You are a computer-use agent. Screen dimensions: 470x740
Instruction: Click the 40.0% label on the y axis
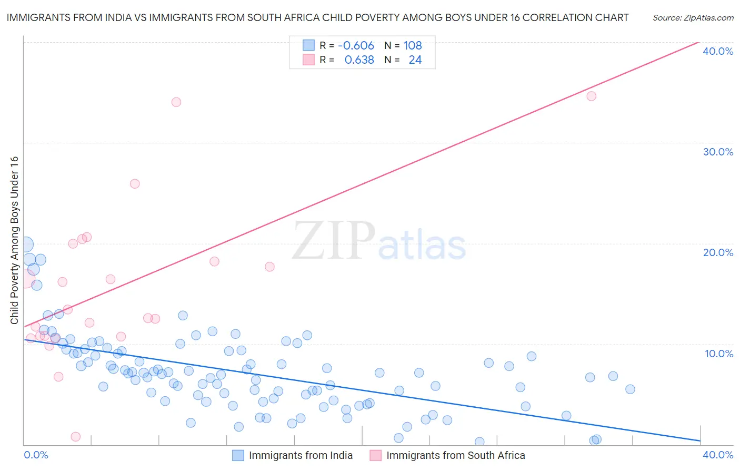pyautogui.click(x=718, y=51)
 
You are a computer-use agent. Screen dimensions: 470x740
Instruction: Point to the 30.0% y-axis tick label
pyautogui.click(x=718, y=152)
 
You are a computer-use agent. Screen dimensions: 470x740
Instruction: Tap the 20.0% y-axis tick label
pyautogui.click(x=718, y=252)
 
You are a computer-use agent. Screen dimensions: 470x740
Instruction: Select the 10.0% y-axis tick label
pyautogui.click(x=719, y=354)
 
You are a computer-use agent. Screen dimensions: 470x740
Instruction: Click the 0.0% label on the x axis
pyautogui.click(x=36, y=455)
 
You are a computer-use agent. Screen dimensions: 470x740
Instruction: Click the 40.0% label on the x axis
pyautogui.click(x=718, y=455)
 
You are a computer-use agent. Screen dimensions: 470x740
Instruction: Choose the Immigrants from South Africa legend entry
pyautogui.click(x=448, y=455)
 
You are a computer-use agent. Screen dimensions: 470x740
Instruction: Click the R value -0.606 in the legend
pyautogui.click(x=356, y=45)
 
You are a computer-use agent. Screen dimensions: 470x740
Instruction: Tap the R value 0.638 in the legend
pyautogui.click(x=359, y=60)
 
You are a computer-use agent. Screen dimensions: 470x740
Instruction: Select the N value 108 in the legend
pyautogui.click(x=413, y=45)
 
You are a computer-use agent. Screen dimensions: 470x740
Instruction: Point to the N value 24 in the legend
pyautogui.click(x=415, y=60)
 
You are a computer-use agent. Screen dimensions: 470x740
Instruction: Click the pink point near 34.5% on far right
pyautogui.click(x=591, y=96)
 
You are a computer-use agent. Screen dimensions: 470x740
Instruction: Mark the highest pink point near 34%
pyautogui.click(x=176, y=102)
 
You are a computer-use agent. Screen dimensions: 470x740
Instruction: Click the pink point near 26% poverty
pyautogui.click(x=135, y=184)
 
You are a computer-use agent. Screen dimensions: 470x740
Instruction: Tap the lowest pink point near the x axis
pyautogui.click(x=75, y=437)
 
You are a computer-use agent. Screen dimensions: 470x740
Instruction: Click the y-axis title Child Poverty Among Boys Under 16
pyautogui.click(x=14, y=240)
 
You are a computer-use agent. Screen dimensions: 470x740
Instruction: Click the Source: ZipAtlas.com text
pyautogui.click(x=693, y=18)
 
